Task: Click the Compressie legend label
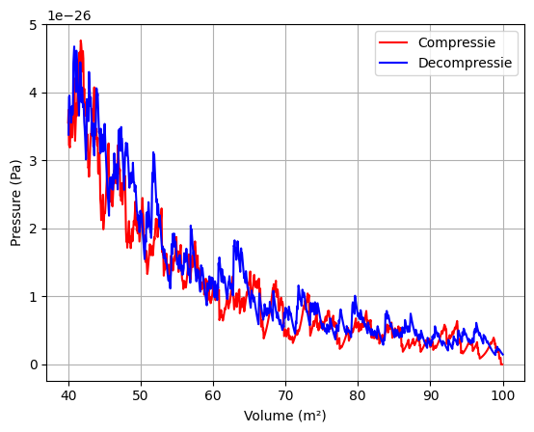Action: click(456, 43)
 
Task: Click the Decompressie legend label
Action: click(466, 62)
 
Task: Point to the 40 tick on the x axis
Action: click(68, 395)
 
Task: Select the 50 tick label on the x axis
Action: click(141, 395)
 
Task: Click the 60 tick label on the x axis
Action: click(213, 395)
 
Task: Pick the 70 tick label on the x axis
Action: click(285, 395)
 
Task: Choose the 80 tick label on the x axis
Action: click(358, 395)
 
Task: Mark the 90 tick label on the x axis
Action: click(430, 395)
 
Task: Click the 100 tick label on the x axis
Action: click(502, 395)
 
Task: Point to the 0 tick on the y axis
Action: click(35, 364)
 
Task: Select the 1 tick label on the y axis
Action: click(35, 297)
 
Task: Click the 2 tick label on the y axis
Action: click(35, 229)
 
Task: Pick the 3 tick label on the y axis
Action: click(35, 161)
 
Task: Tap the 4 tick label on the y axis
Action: click(35, 93)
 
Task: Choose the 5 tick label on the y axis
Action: click(35, 25)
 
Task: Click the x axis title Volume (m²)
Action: click(285, 416)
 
